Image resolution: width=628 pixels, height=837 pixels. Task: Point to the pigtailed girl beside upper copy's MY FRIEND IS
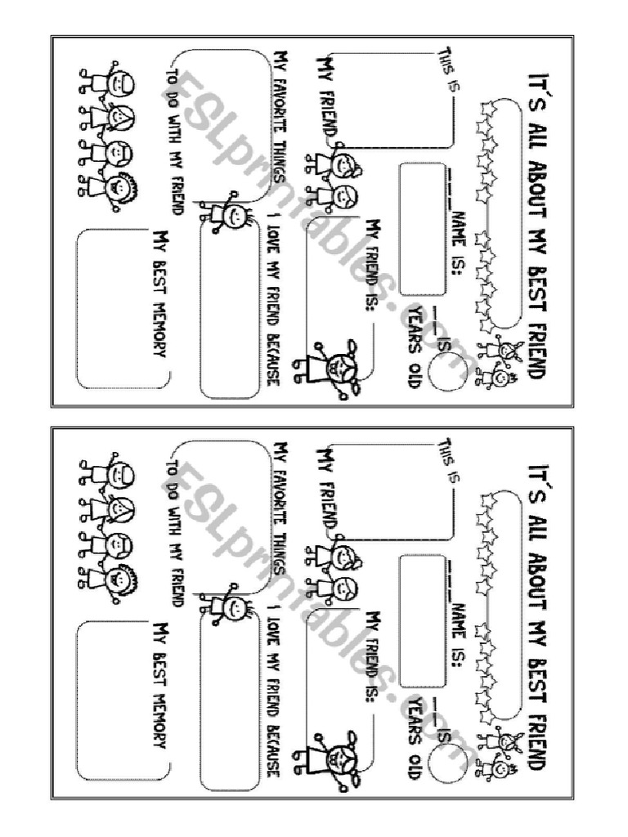(329, 369)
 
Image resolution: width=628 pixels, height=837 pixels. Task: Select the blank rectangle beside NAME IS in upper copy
(422, 229)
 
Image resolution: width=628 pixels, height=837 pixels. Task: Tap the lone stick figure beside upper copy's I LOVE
(227, 213)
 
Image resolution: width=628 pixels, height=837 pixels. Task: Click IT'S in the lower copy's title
(536, 477)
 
